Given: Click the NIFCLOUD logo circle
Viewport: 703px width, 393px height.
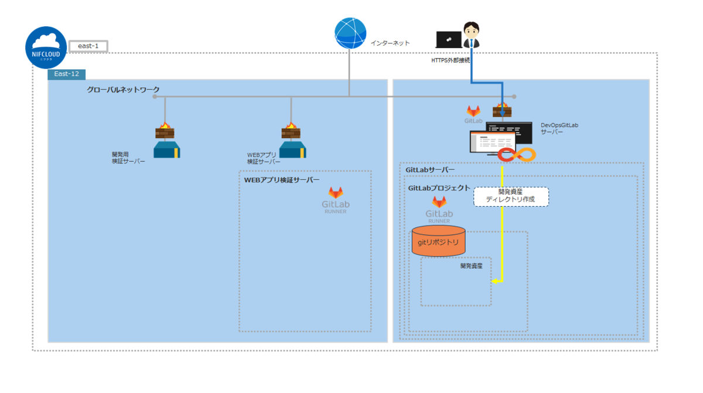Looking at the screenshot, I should (46, 47).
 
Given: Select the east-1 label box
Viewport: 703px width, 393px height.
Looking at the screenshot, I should (88, 46).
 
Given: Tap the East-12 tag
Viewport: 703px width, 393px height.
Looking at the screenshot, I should (67, 74).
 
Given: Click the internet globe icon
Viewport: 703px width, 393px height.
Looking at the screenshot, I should (350, 33).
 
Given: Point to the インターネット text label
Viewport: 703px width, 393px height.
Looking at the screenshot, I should (390, 43).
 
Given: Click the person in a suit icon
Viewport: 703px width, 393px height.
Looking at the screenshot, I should (472, 35).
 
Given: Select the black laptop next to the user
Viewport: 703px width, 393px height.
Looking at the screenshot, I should (449, 39).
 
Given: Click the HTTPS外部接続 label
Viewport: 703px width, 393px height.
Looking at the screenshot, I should (451, 60).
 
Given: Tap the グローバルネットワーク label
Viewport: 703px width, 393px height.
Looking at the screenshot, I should (123, 90).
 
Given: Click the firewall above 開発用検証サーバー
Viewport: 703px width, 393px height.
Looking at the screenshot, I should (165, 130).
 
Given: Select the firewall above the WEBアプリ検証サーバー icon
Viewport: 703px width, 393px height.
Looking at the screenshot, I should (291, 130).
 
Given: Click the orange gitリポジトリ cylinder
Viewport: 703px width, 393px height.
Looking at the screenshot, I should (438, 241).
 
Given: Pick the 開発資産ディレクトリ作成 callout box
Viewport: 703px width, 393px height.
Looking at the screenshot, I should (511, 196).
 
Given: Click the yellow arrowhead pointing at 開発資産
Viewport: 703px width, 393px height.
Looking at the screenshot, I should (495, 281).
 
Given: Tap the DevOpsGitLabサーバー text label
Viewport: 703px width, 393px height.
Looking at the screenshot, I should (559, 129).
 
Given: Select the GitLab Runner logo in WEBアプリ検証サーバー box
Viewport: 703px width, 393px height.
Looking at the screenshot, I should (336, 200).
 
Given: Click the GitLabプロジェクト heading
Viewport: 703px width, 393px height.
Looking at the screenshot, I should (439, 188).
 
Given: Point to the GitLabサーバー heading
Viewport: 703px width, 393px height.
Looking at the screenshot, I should (430, 170).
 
